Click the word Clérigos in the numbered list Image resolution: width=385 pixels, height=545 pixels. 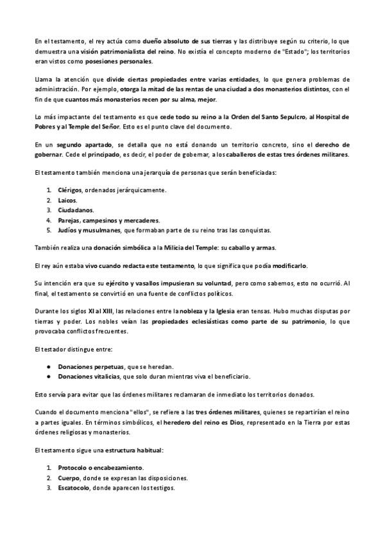[71, 190]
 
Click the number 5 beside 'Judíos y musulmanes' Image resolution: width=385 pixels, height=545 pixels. [49, 230]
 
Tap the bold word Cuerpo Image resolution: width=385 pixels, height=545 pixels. [68, 478]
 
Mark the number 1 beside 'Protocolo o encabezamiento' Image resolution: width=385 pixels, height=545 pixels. [49, 467]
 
